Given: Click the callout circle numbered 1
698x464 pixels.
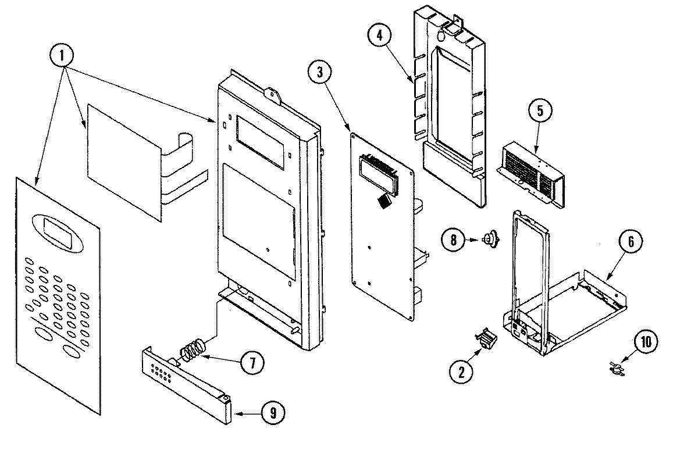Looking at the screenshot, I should pos(63,57).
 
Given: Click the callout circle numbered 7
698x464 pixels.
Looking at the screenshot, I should pos(251,363).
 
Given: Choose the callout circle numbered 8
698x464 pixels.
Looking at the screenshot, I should pos(454,238).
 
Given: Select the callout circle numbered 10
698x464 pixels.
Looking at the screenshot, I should pos(646,342).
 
